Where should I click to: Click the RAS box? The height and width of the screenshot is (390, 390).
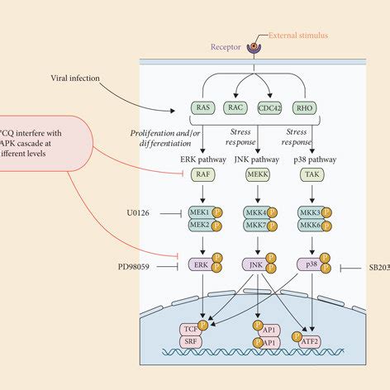point(202,107)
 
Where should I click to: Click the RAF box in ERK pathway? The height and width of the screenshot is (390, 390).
point(202,175)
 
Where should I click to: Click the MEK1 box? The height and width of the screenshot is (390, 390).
point(201,212)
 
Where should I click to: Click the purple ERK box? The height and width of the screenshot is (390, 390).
point(201,264)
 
